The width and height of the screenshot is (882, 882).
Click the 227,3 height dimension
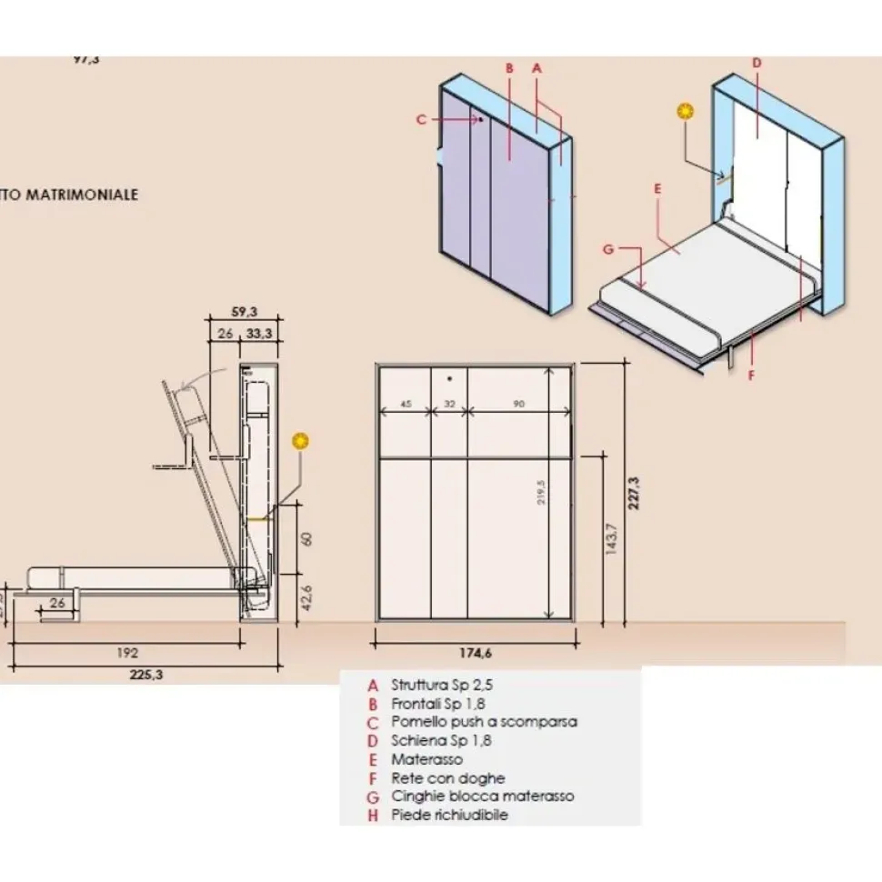pos(634,491)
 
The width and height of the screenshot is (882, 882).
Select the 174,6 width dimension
pos(474,652)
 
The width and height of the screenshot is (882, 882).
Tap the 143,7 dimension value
pos(611,539)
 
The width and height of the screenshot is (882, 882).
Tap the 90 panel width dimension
pos(518,405)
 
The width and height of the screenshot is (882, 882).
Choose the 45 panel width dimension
pos(406,405)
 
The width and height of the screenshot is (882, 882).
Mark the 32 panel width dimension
pos(448,405)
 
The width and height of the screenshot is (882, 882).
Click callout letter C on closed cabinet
pos(420,118)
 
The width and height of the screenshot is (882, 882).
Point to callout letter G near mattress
pos(608,248)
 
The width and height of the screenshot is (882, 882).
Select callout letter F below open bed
pos(751,374)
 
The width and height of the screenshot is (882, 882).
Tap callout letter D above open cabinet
pos(757,63)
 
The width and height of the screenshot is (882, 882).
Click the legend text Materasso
pos(426,759)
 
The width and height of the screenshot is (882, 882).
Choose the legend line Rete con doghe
pos(447,778)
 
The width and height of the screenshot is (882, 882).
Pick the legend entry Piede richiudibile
pos(449,815)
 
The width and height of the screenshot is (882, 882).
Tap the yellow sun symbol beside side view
pos(300,442)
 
